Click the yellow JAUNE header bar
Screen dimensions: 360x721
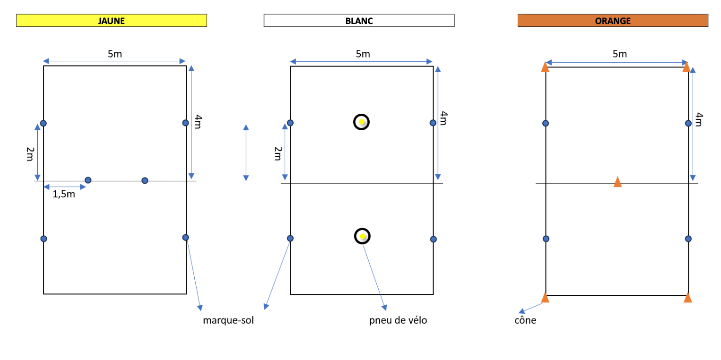click(x=111, y=21)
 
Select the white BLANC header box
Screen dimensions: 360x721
click(x=359, y=21)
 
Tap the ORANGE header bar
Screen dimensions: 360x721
click(x=613, y=21)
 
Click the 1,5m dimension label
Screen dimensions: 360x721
click(x=64, y=194)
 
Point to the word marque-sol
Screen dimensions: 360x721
click(x=228, y=321)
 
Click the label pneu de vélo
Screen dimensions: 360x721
click(x=398, y=321)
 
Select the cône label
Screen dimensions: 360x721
click(x=525, y=321)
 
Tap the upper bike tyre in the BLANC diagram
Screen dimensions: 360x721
click(x=361, y=122)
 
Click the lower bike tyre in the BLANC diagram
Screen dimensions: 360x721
click(x=362, y=236)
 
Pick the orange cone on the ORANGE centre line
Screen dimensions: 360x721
click(x=617, y=182)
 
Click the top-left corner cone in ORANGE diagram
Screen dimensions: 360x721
click(x=545, y=67)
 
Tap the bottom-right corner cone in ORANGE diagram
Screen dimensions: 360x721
click(x=688, y=297)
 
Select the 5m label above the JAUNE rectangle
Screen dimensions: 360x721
click(x=115, y=54)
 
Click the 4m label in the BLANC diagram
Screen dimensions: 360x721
click(x=444, y=118)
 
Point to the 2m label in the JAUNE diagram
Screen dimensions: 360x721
click(x=30, y=153)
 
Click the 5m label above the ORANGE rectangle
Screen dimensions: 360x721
click(x=620, y=54)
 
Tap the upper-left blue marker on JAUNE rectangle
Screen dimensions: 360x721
click(x=43, y=123)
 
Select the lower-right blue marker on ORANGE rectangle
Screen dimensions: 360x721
click(x=688, y=239)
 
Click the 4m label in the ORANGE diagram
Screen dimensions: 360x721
click(x=699, y=119)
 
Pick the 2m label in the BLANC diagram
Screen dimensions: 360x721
click(x=277, y=153)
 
